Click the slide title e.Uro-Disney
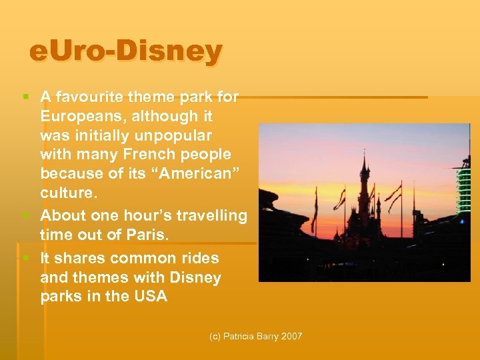(x=125, y=51)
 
